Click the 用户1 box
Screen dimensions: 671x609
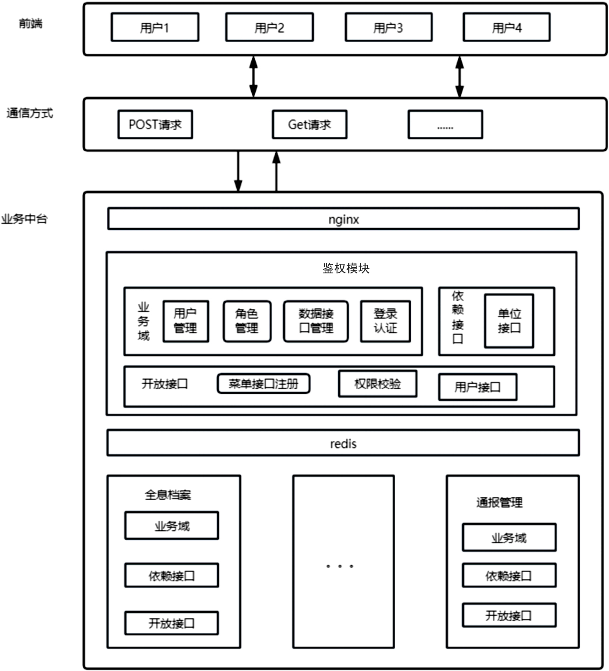(x=155, y=27)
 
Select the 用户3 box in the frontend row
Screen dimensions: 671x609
(x=388, y=27)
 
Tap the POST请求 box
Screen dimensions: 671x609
(x=155, y=124)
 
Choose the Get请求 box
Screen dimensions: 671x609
(x=309, y=124)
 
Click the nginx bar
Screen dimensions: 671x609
(x=343, y=219)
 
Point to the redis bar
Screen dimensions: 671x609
(x=343, y=443)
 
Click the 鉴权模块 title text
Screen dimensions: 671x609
(x=345, y=268)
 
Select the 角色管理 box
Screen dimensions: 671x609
(x=247, y=321)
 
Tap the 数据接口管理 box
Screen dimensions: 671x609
(x=315, y=321)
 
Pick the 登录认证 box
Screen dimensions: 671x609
(x=385, y=321)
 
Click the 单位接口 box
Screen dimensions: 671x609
(x=509, y=321)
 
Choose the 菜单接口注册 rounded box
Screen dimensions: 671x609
(x=264, y=384)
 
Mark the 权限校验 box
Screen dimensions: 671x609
(x=377, y=384)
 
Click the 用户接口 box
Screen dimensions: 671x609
(x=477, y=387)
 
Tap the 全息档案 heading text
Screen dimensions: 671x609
(x=168, y=495)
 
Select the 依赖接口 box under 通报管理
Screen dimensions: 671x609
(x=509, y=575)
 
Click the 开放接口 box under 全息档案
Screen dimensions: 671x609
(x=171, y=623)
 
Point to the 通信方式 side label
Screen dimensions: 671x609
(x=30, y=113)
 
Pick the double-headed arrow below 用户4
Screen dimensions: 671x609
(x=459, y=77)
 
